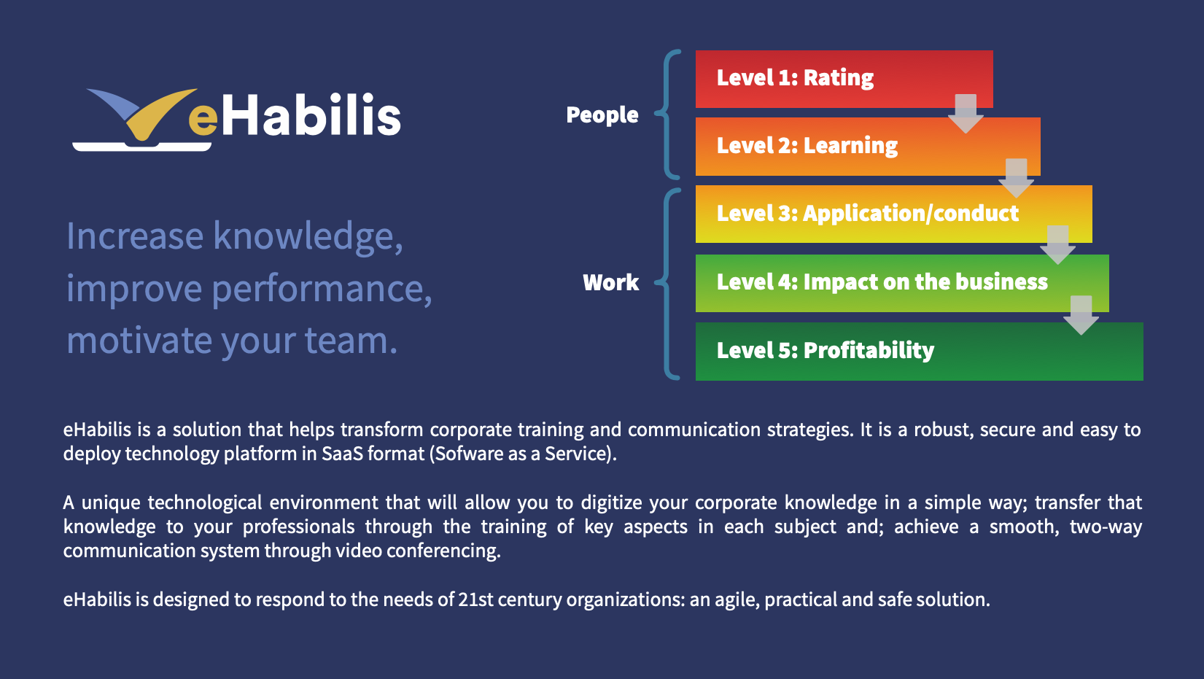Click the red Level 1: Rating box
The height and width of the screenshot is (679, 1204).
tap(844, 79)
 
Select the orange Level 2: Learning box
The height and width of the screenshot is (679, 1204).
tap(868, 147)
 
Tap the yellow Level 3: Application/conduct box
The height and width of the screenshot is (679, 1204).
tap(893, 214)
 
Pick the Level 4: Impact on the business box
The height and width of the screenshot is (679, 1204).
tap(902, 283)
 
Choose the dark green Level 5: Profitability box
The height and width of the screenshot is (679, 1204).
tap(919, 352)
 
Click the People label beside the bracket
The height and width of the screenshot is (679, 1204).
tap(602, 115)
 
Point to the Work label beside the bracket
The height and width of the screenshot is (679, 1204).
tap(610, 282)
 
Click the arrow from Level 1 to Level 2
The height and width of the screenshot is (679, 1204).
tap(966, 114)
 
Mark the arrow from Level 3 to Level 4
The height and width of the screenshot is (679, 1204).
tap(1058, 245)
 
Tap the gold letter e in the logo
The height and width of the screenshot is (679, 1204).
tap(203, 119)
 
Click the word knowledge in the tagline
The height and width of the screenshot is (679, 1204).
tap(308, 236)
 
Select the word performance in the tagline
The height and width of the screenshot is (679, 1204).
tap(322, 290)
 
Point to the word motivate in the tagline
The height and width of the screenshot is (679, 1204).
tap(139, 341)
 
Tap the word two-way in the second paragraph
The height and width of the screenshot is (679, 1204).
tap(1106, 527)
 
